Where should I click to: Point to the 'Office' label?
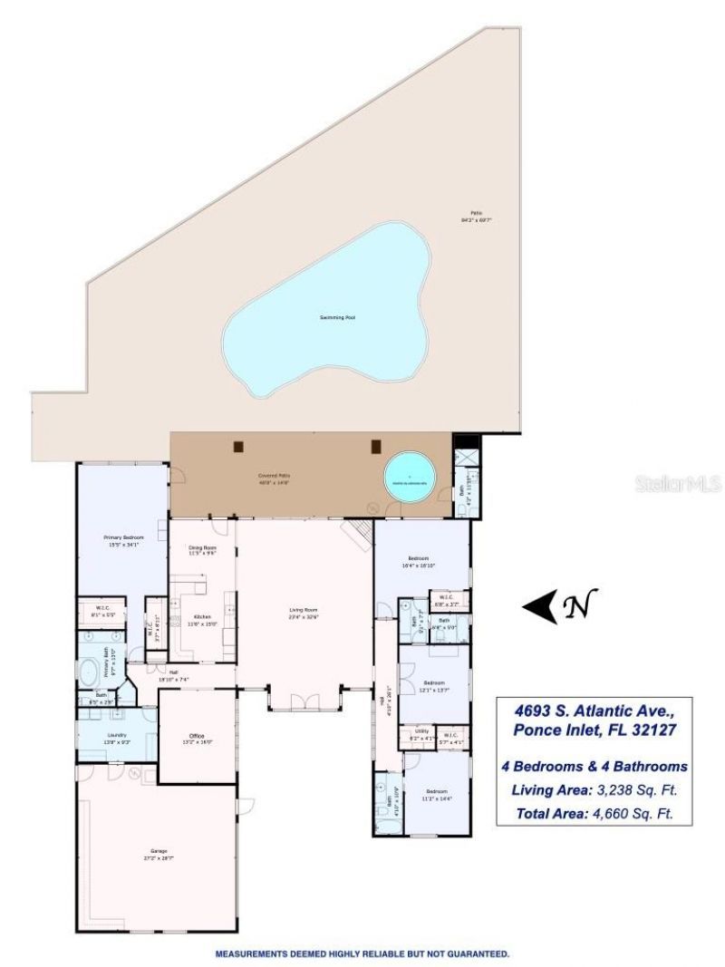coord(196,735)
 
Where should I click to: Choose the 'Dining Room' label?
coord(201,547)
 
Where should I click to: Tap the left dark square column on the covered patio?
coord(239,445)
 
